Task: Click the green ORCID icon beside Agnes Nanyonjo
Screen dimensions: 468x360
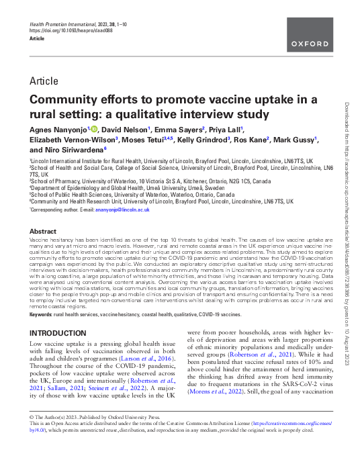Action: point(93,128)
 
